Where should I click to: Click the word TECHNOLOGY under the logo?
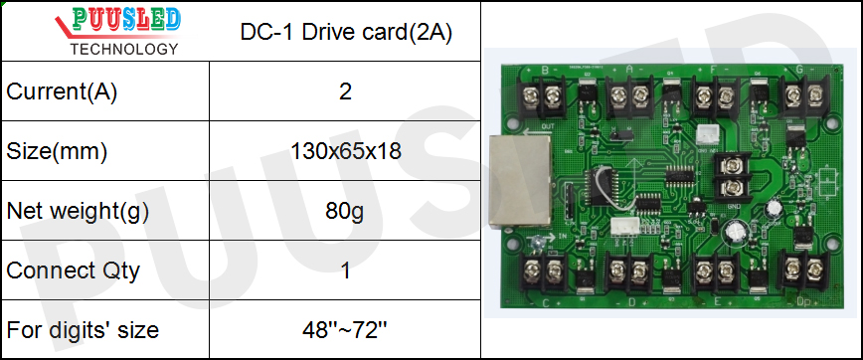pyautogui.click(x=125, y=49)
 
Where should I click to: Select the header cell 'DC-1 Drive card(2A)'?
pyautogui.click(x=346, y=32)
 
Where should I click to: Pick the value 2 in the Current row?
pyautogui.click(x=345, y=92)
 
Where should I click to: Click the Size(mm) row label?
pyautogui.click(x=57, y=152)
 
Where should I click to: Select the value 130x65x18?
pyautogui.click(x=345, y=152)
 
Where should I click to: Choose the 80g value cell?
pyautogui.click(x=345, y=211)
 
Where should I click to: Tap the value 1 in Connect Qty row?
pyautogui.click(x=345, y=270)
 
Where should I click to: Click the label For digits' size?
pyautogui.click(x=83, y=329)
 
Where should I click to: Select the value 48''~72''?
pyautogui.click(x=345, y=329)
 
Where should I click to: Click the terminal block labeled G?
pyautogui.click(x=801, y=96)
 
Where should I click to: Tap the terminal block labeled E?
pyautogui.click(x=717, y=269)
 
